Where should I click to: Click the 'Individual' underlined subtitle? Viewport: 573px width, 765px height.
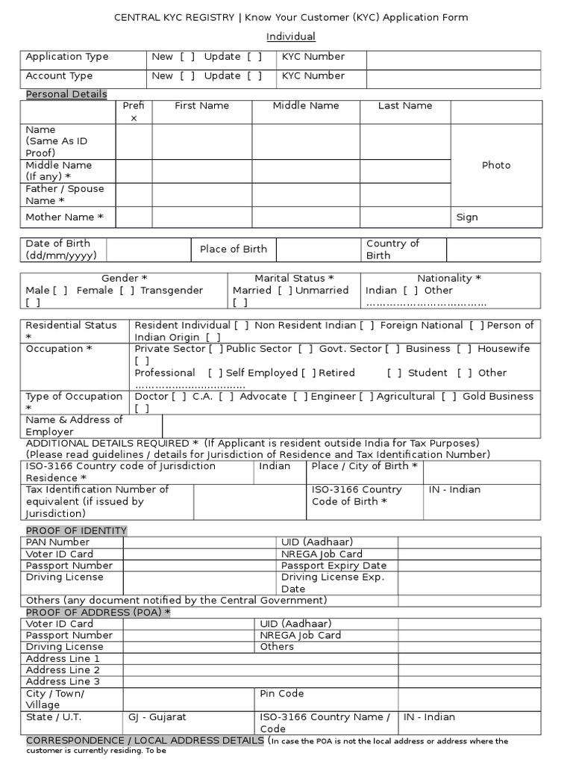point(291,37)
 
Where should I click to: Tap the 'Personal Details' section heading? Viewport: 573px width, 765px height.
point(66,94)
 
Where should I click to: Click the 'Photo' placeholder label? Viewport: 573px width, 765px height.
point(496,165)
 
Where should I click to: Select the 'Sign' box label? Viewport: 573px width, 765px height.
point(467,217)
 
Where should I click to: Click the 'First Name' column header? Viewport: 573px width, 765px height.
point(201,106)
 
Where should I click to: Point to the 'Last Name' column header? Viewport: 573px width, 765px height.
point(405,106)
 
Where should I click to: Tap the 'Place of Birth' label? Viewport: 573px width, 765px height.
point(233,250)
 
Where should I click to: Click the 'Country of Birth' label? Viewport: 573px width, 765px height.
point(392,250)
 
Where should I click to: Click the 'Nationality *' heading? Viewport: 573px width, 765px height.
point(449,279)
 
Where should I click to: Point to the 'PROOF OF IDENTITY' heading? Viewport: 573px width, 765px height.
point(76,530)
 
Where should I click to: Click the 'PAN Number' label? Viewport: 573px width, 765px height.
point(57,542)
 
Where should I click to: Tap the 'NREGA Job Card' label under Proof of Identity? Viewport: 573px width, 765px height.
point(322,554)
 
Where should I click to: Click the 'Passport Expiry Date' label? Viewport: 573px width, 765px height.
point(334,566)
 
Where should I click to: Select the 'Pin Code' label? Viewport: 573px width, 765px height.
point(281,694)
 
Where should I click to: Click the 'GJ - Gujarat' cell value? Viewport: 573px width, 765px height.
point(157,717)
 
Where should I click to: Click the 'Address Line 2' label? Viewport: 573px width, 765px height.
point(63,670)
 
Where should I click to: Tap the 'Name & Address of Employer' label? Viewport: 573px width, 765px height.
point(74,426)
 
